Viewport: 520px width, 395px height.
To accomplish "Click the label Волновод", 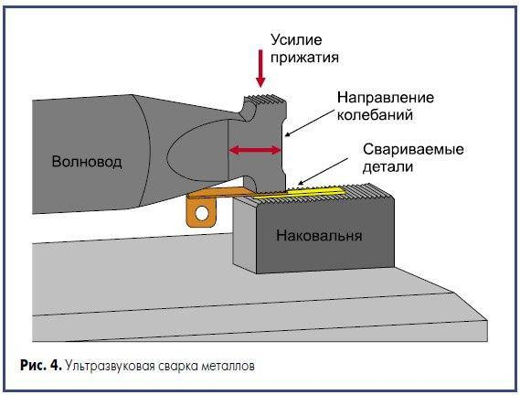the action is [87, 162].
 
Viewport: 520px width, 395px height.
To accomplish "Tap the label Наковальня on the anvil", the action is [319, 235].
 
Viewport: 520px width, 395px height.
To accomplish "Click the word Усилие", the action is [296, 40].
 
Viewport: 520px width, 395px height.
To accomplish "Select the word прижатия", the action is [304, 57].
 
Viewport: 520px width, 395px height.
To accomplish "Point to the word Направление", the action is [386, 98].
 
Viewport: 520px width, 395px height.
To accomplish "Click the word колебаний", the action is [375, 115].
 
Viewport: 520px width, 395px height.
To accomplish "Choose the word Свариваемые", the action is [413, 149].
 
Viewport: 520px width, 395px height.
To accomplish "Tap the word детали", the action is [387, 166].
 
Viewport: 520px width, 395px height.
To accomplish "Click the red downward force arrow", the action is [260, 69].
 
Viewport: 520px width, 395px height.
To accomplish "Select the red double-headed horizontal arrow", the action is [255, 150].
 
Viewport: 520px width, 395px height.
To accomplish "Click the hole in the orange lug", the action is [202, 213].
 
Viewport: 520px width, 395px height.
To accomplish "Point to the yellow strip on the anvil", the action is [299, 193].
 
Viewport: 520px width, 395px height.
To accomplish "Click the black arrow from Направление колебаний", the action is [310, 123].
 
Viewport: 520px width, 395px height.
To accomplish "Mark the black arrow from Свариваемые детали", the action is [323, 171].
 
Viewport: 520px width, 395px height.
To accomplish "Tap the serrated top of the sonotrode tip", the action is [265, 98].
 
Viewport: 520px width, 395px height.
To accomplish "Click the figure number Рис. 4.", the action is [41, 366].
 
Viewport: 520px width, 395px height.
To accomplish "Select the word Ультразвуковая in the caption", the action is [110, 367].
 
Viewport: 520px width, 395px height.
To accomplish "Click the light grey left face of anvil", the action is [245, 234].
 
